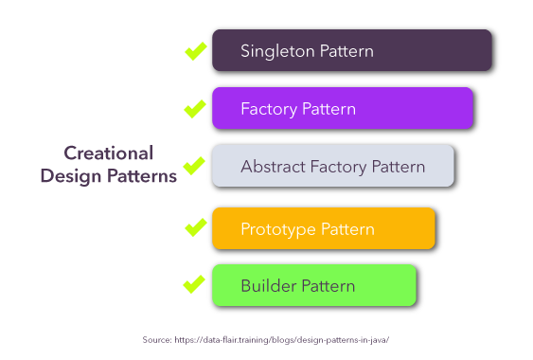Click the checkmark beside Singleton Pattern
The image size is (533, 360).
(x=195, y=50)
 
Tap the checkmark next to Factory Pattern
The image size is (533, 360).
(x=195, y=108)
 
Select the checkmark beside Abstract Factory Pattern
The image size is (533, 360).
(x=194, y=166)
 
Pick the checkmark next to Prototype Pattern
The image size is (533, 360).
(x=195, y=227)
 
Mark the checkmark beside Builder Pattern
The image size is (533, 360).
(x=194, y=284)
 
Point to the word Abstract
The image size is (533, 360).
(x=271, y=167)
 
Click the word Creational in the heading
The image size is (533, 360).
(x=109, y=153)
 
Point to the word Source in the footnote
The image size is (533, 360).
(x=156, y=339)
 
